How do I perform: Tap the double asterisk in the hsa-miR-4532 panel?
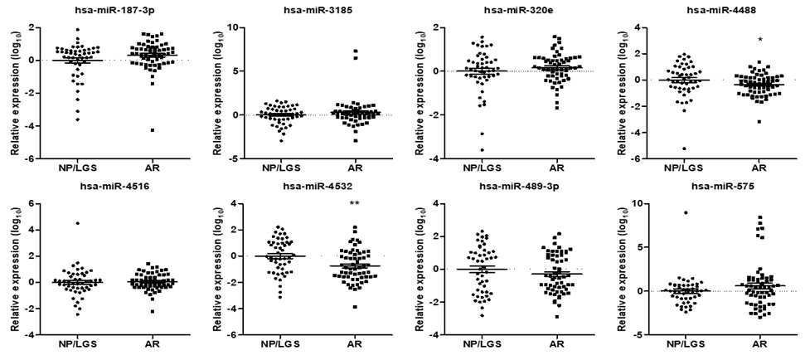[354, 203]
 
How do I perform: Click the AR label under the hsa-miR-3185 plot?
[354, 168]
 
